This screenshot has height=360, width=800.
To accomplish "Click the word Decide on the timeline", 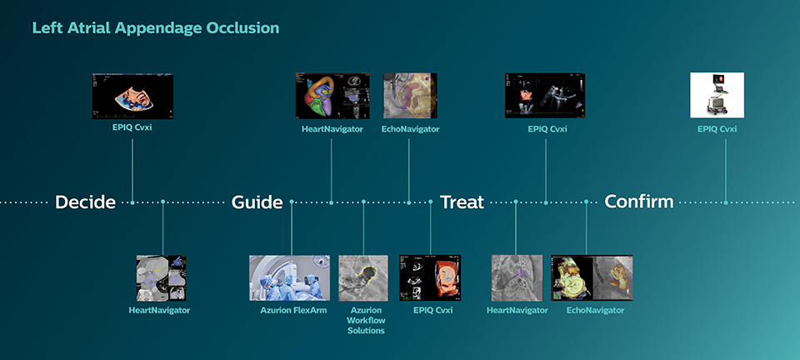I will [85, 202].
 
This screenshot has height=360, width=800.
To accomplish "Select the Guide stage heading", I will [257, 202].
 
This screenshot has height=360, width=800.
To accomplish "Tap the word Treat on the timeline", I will [462, 202].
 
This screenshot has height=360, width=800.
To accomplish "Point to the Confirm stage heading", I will [638, 202].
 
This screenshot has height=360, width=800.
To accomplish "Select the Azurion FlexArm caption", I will [289, 311].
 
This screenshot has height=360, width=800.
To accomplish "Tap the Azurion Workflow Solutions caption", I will [365, 321].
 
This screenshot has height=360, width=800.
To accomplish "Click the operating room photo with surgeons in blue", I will [289, 277].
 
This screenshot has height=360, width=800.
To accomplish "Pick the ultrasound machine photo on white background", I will [717, 95].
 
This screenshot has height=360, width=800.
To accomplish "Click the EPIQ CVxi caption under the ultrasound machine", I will [717, 129].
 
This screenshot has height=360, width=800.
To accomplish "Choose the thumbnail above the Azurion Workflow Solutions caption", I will [363, 277].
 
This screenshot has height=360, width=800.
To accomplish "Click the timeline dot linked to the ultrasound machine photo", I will [725, 202].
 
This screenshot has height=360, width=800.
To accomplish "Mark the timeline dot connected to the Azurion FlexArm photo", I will [292, 202].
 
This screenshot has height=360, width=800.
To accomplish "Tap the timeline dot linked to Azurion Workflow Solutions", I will [364, 202].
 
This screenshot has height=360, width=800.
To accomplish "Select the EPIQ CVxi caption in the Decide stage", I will [132, 129].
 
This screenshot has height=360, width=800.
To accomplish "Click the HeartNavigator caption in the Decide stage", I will [159, 311].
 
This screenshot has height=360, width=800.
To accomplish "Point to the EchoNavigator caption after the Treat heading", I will [595, 311].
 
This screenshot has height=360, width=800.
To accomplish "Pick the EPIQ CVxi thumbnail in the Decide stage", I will [132, 95].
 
